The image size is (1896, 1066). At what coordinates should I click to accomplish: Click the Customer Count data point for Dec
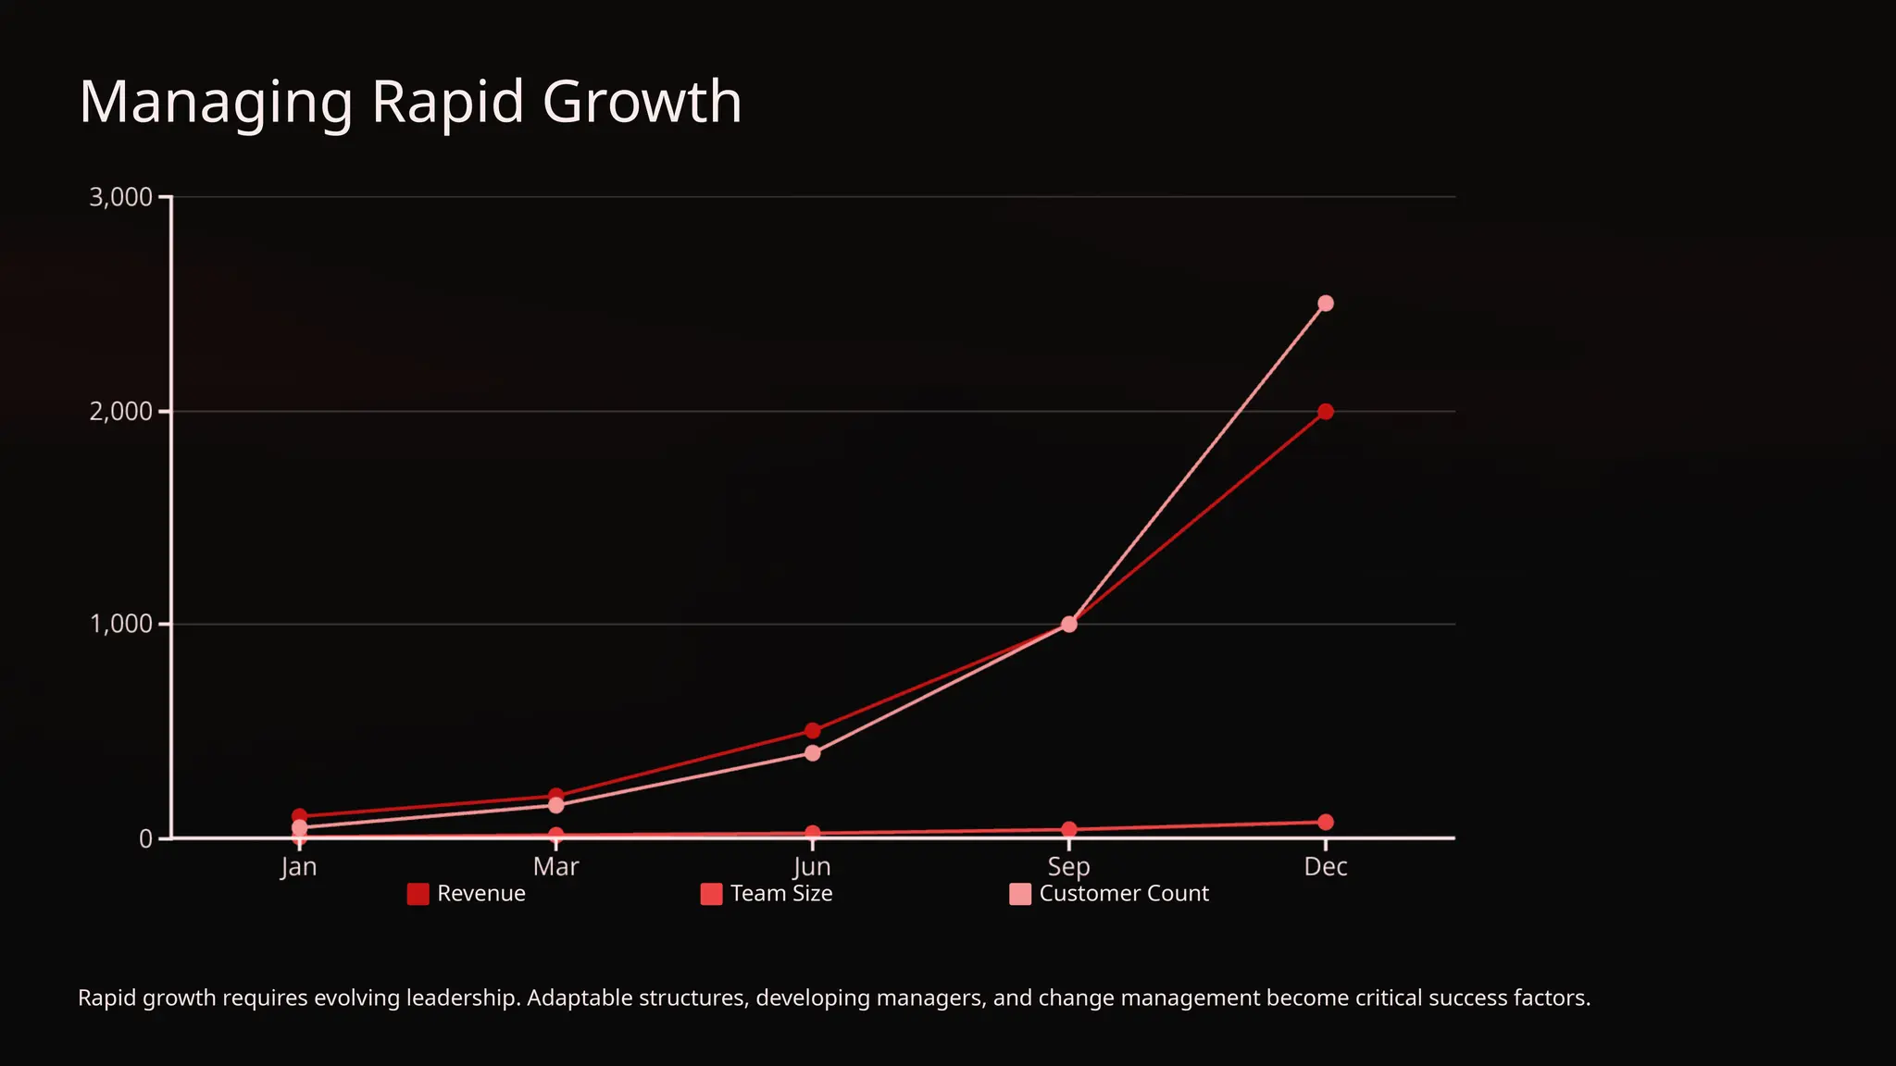(1325, 304)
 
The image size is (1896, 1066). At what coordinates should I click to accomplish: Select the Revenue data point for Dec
(1325, 412)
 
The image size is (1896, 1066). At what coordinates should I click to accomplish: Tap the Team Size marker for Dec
(1325, 822)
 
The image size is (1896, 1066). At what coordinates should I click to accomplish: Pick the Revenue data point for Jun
(812, 731)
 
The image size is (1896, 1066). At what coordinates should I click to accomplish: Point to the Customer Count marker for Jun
(812, 753)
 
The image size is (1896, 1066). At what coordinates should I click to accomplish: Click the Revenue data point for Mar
(555, 796)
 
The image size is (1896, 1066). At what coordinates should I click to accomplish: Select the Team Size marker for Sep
(1068, 829)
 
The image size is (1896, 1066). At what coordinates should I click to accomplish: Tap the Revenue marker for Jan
(299, 816)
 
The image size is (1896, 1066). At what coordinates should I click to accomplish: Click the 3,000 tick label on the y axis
(120, 197)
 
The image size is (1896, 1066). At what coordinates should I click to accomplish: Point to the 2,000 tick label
(120, 412)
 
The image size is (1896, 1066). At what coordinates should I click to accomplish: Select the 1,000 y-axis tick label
(120, 625)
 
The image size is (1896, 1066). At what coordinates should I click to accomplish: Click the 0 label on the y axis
(145, 838)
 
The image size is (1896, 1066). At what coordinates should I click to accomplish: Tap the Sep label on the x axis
(1068, 867)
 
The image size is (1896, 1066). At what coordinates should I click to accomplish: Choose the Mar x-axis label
(555, 867)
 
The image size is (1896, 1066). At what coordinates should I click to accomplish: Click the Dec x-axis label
(1325, 867)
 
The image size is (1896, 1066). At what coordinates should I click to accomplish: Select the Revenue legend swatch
(418, 894)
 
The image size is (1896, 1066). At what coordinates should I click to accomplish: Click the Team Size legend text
(780, 894)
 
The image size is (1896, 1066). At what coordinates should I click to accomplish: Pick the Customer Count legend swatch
(1019, 894)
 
